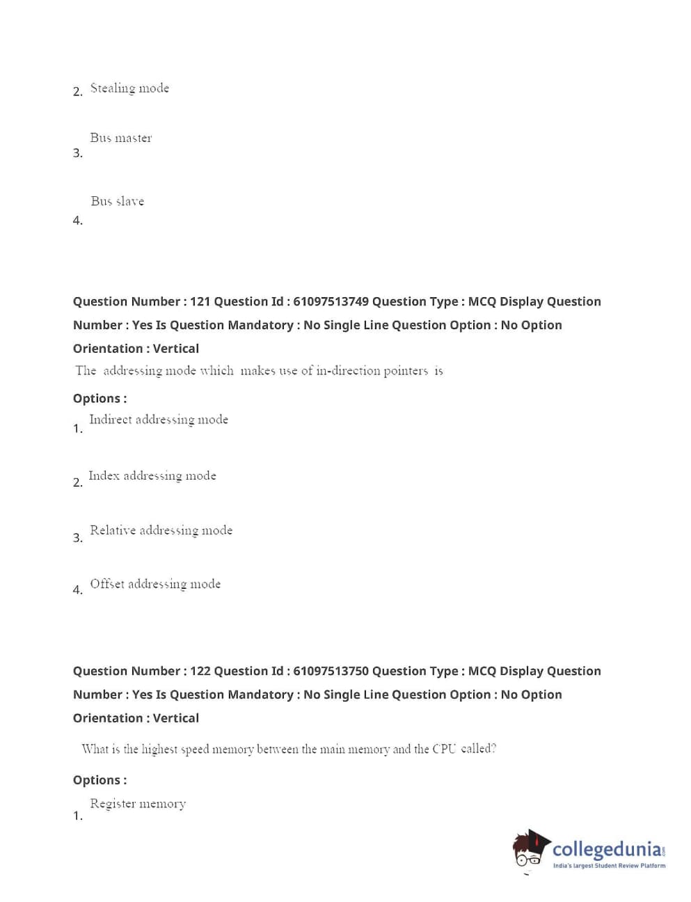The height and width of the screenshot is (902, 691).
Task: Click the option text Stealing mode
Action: (129, 88)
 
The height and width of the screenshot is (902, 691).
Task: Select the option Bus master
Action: (120, 138)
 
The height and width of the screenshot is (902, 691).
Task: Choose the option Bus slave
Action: (117, 201)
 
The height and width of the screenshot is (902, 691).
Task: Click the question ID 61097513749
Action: (331, 301)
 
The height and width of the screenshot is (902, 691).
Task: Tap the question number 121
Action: (200, 301)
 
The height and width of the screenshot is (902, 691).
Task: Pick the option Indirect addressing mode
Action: (159, 420)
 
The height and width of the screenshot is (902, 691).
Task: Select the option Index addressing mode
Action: (152, 476)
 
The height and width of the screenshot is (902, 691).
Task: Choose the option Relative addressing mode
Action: (161, 530)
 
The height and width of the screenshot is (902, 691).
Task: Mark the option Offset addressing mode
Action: (155, 584)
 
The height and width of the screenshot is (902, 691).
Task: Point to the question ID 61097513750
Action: (331, 671)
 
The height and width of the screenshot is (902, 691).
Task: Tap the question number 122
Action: (200, 671)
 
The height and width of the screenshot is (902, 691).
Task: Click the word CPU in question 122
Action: (444, 749)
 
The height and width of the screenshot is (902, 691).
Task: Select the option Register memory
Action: (138, 804)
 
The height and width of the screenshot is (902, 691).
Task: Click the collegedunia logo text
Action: (607, 849)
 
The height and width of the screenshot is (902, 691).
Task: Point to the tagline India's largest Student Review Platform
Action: (609, 866)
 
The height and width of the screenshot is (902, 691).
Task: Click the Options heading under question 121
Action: (100, 398)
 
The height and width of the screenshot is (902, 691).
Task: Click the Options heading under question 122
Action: (100, 780)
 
